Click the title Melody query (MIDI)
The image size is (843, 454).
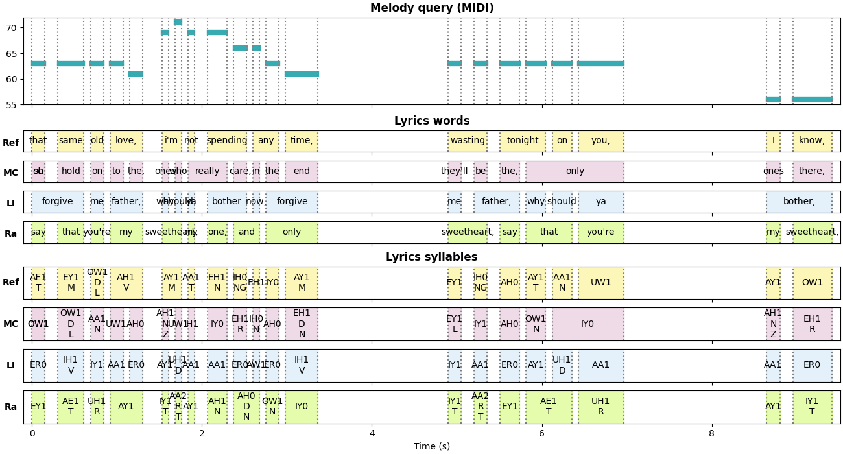pyautogui.click(x=432, y=8)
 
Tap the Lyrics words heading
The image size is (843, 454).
pyautogui.click(x=432, y=121)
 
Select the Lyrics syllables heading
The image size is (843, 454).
pyautogui.click(x=432, y=257)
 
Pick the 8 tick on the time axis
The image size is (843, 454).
pyautogui.click(x=711, y=435)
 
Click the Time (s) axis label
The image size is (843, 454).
pyautogui.click(x=432, y=446)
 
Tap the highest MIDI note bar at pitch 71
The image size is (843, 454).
pyautogui.click(x=178, y=22)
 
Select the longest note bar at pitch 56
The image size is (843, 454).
pyautogui.click(x=812, y=99)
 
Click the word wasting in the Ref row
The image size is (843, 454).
pyautogui.click(x=468, y=141)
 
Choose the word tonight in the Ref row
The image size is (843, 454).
pyautogui.click(x=523, y=141)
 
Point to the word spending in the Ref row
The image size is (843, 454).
pyautogui.click(x=227, y=141)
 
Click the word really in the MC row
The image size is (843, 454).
pyautogui.click(x=208, y=172)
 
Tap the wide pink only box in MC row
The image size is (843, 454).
pyautogui.click(x=575, y=172)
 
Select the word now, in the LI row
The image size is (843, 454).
pyautogui.click(x=255, y=202)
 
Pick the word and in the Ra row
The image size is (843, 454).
pyautogui.click(x=246, y=232)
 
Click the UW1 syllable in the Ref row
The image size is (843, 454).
pyautogui.click(x=601, y=283)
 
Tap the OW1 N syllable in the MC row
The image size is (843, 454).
pyautogui.click(x=536, y=324)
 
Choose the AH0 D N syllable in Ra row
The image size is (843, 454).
pyautogui.click(x=246, y=407)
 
